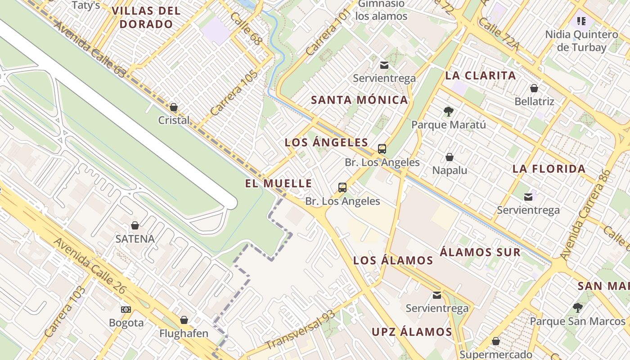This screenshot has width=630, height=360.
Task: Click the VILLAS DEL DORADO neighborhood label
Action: tap(146, 18)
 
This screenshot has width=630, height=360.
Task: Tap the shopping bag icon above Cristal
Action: tap(174, 107)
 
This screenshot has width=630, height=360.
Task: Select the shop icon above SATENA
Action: tap(135, 225)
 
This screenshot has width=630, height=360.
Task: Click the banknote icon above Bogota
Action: tap(126, 310)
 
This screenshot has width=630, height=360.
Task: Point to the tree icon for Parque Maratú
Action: tap(448, 111)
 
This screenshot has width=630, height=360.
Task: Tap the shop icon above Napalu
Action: tap(449, 157)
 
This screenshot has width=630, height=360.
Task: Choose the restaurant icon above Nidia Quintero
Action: tap(581, 21)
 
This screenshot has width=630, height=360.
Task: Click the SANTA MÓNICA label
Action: tap(360, 100)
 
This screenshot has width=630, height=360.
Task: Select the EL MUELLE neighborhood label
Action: tap(279, 183)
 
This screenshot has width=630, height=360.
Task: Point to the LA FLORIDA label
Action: tap(549, 169)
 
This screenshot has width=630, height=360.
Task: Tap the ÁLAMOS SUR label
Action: tap(480, 252)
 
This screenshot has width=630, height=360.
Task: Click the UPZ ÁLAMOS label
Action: tap(412, 332)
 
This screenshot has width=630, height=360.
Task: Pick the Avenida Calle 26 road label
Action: tap(90, 265)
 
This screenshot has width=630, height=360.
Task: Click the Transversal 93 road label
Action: tap(301, 330)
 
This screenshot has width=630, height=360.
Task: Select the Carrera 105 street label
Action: tap(234, 93)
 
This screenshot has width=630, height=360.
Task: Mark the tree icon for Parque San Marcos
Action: tap(578, 308)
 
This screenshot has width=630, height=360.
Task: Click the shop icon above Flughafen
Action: tap(184, 320)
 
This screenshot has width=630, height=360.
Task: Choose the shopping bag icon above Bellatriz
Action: tap(534, 88)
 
